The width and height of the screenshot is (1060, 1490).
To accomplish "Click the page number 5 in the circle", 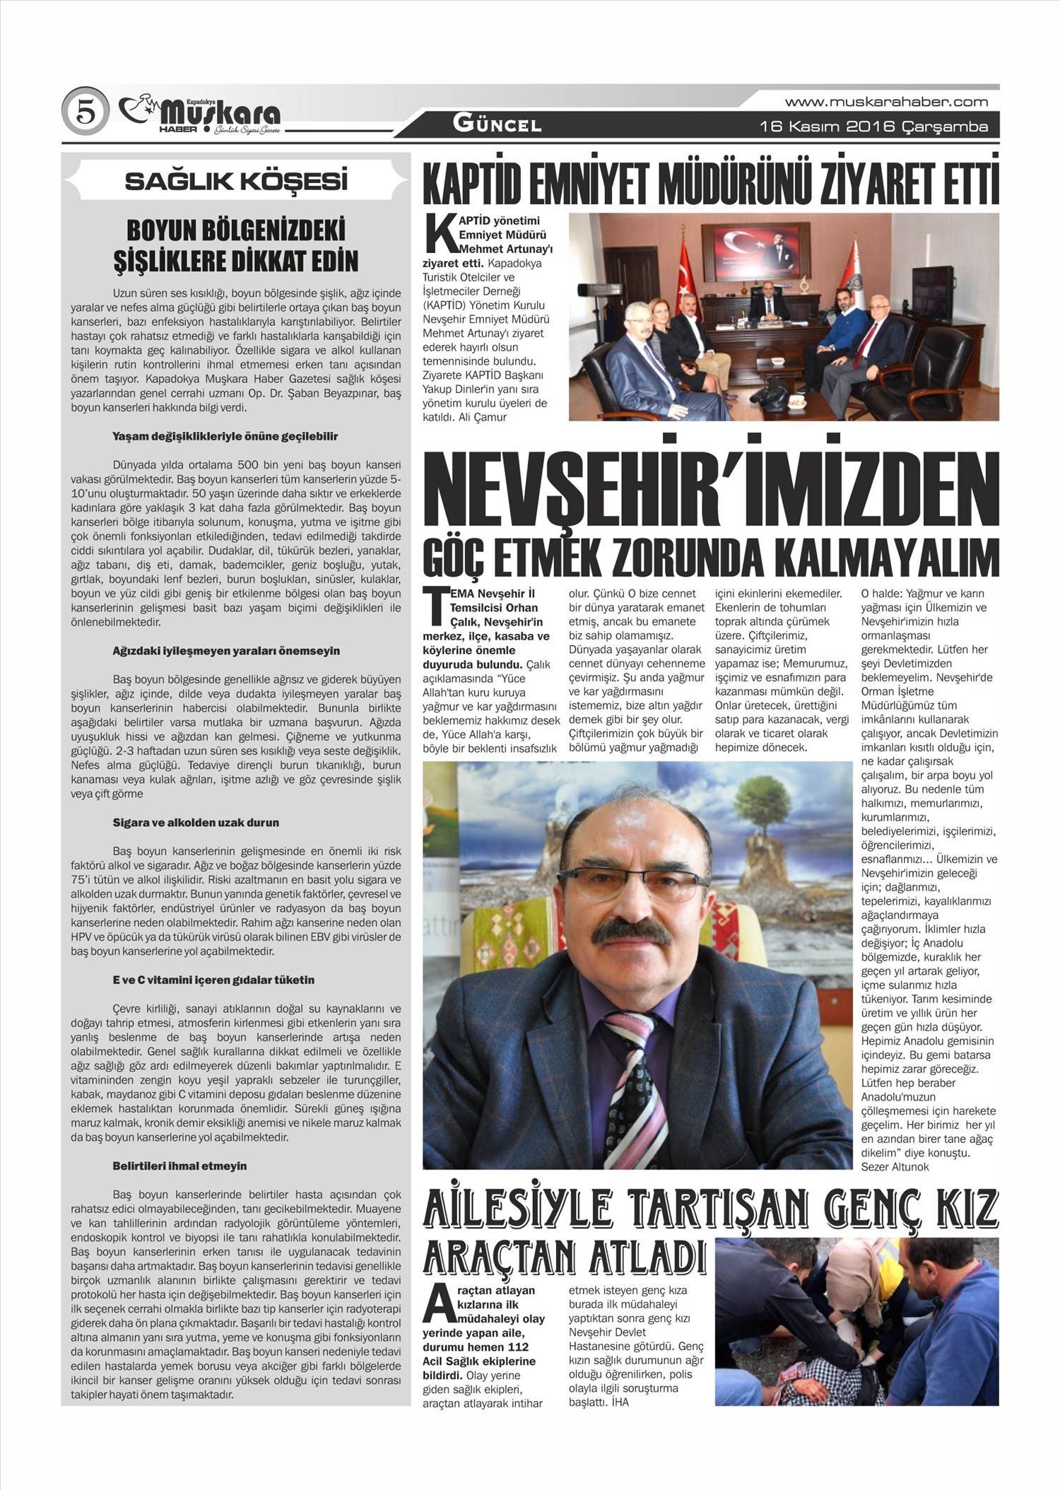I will click(84, 113).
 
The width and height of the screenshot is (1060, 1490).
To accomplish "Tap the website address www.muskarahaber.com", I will click(886, 102).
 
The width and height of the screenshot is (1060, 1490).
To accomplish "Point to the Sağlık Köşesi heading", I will click(236, 182).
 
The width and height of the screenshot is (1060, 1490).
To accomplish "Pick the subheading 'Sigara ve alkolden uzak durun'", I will click(196, 823).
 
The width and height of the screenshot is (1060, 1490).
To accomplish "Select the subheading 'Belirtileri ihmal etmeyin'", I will click(179, 1166).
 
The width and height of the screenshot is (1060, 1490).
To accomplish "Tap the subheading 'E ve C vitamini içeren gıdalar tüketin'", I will click(213, 980).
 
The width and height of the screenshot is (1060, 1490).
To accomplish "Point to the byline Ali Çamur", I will click(481, 417).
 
